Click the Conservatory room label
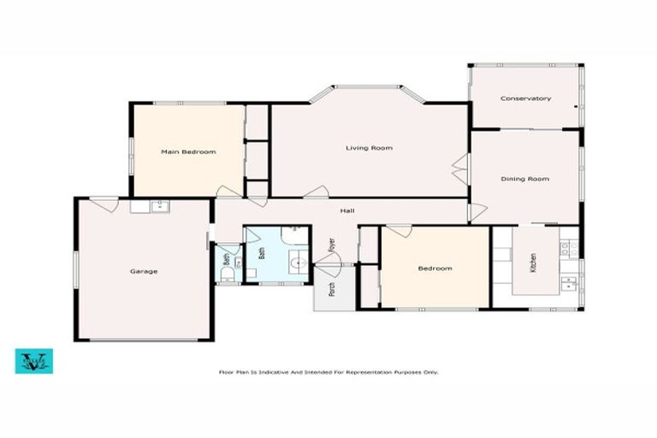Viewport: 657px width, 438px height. point(525,99)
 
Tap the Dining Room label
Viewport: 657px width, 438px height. point(524,179)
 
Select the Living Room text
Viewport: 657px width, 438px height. point(369,148)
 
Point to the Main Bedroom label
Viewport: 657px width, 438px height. point(188,151)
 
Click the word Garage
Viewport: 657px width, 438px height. point(143,271)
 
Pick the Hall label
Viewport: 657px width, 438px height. point(347,211)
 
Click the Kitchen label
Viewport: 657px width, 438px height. point(532,263)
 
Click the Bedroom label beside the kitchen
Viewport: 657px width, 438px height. point(435,269)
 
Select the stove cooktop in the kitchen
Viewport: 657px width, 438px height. point(565,249)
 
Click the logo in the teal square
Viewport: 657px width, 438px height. point(34,360)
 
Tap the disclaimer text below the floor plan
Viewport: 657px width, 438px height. point(328,372)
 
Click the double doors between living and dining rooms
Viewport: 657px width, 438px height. point(462,169)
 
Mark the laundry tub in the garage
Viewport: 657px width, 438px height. point(160,205)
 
